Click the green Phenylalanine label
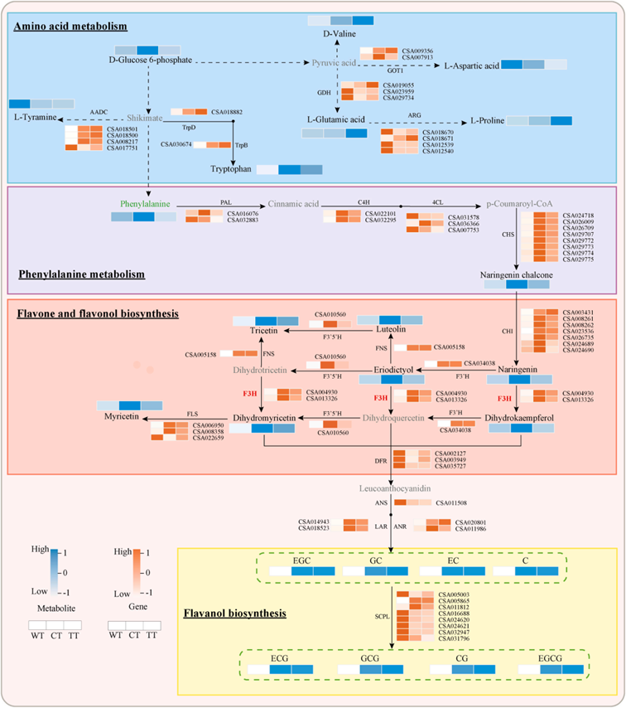[x=146, y=203]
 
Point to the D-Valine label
[x=338, y=36]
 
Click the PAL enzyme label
[x=225, y=202]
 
